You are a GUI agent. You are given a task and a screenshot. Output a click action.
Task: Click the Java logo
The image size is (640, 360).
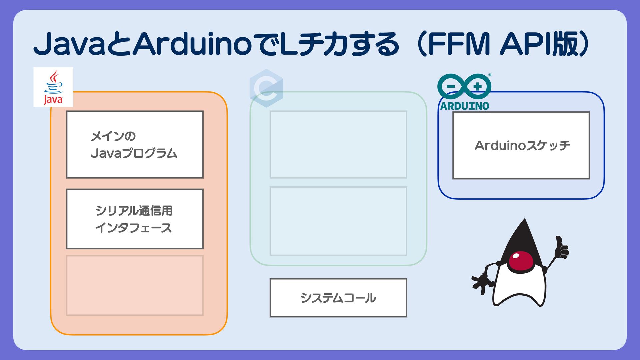click(x=53, y=87)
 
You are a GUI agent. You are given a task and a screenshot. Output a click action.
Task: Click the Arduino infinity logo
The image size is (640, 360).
click(x=464, y=86)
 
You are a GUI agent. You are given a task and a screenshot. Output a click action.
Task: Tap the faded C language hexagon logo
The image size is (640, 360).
click(x=266, y=88)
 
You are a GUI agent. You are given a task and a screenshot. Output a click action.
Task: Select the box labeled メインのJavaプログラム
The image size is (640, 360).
click(x=135, y=144)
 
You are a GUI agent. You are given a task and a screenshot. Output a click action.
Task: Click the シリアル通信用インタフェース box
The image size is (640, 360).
click(x=135, y=219)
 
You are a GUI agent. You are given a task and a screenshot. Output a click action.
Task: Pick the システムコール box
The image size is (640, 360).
click(x=338, y=298)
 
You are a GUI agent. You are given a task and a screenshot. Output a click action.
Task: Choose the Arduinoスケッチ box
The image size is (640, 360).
click(x=521, y=145)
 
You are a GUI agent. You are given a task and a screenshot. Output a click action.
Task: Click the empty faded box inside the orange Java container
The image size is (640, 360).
click(x=135, y=285)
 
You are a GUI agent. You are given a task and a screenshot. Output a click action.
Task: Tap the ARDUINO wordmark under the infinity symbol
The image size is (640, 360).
click(x=464, y=106)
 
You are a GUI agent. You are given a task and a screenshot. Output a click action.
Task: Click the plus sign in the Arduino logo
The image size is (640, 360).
click(x=478, y=86)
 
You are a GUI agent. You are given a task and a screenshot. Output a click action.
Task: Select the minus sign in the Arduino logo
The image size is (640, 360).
click(x=450, y=86)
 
